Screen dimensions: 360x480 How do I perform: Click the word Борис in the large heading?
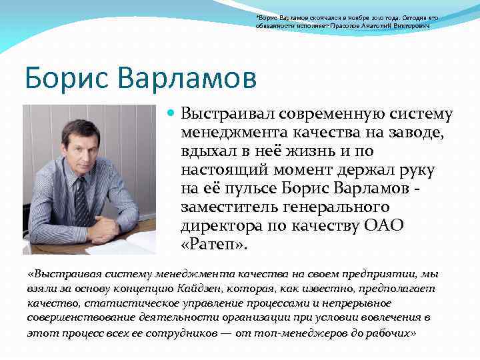[x=63, y=77]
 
